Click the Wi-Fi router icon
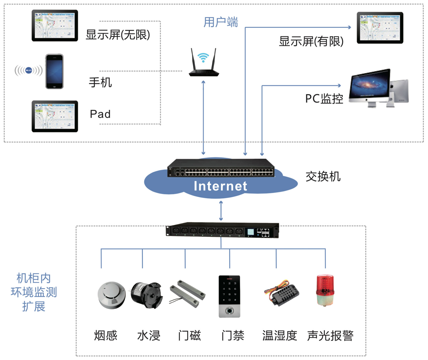click(x=204, y=64)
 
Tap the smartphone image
click(x=54, y=71)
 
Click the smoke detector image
click(x=112, y=295)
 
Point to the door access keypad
click(x=229, y=296)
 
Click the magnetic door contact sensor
click(x=188, y=294)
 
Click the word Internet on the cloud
click(x=220, y=186)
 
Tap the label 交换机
click(x=323, y=176)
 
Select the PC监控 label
click(x=324, y=99)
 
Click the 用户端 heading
click(x=221, y=22)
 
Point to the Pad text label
click(x=100, y=114)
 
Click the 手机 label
click(x=100, y=82)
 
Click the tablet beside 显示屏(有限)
click(x=380, y=28)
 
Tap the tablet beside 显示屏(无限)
click(x=55, y=25)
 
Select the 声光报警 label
click(x=330, y=336)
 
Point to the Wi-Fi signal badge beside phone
click(x=28, y=70)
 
